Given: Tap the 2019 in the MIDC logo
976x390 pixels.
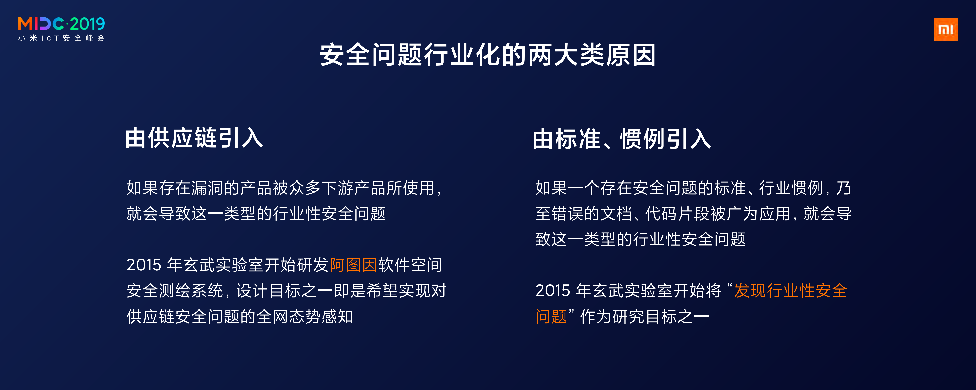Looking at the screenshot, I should (87, 24).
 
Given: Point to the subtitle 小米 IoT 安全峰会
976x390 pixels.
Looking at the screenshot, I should (61, 38).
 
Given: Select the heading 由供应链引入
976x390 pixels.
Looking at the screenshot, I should (194, 138).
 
